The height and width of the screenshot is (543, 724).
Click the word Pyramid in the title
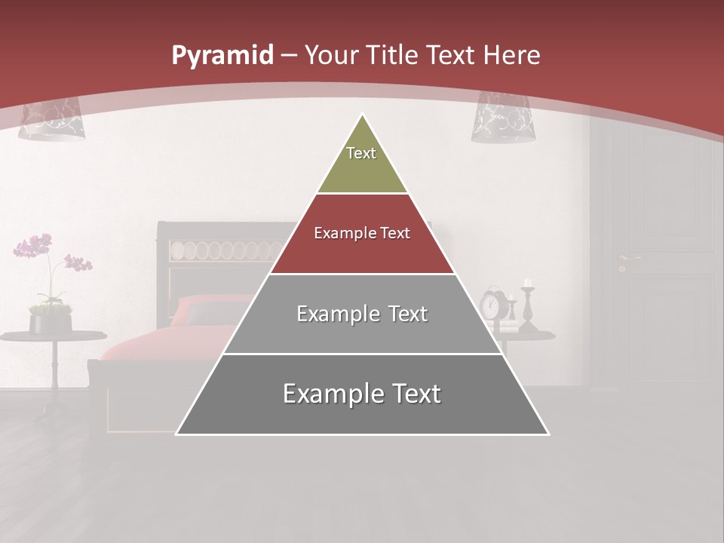[222, 56]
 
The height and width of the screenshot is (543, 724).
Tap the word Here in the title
[511, 55]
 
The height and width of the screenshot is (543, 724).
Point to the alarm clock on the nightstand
[492, 304]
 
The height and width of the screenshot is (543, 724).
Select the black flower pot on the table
[50, 323]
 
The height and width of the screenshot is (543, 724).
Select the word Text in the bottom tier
[409, 394]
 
